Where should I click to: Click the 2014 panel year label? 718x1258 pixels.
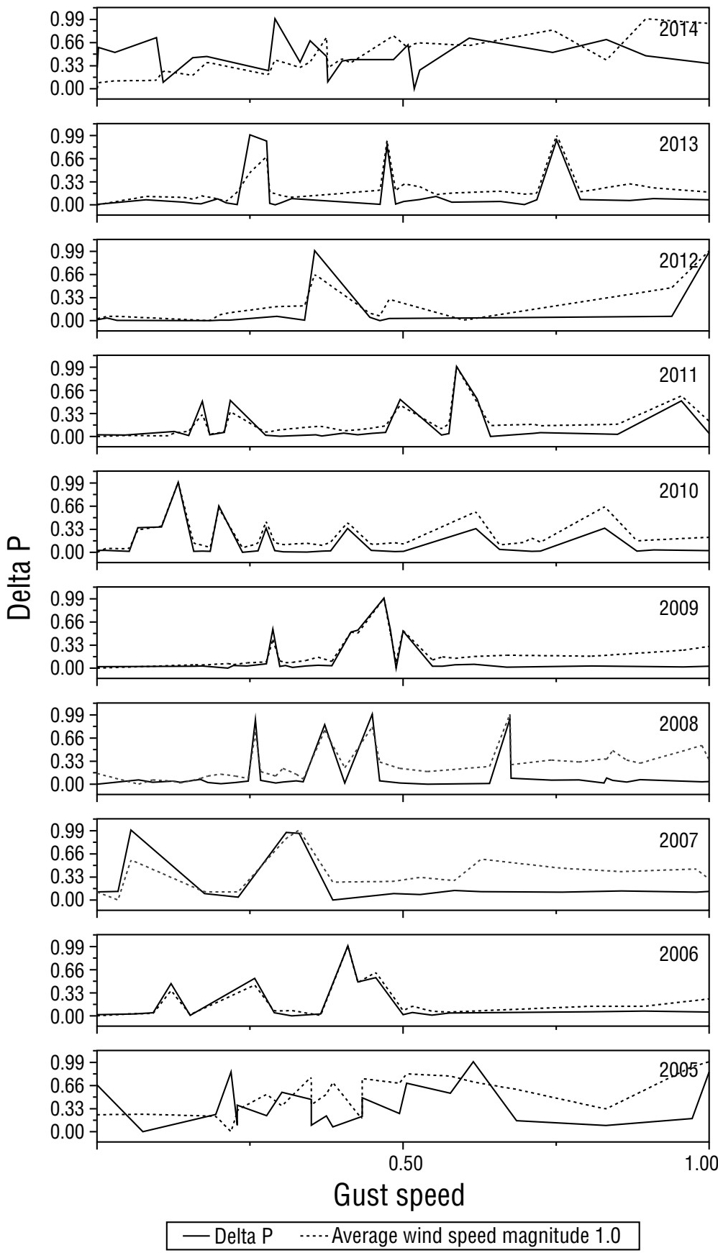click(x=678, y=29)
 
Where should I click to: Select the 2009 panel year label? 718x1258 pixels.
click(x=678, y=609)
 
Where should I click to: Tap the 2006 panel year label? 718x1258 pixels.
click(x=678, y=955)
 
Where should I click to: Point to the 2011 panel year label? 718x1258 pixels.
click(x=678, y=375)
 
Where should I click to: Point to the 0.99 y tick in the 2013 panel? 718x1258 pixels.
click(x=67, y=136)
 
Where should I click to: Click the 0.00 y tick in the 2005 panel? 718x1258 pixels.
click(x=67, y=1132)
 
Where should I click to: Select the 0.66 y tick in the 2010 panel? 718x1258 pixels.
click(x=67, y=506)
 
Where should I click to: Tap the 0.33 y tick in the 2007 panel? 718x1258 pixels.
click(x=67, y=877)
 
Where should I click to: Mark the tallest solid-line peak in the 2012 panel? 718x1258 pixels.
click(x=314, y=250)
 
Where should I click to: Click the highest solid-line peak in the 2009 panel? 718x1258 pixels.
click(x=384, y=598)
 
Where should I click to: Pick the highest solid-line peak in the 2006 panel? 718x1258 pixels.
click(x=347, y=945)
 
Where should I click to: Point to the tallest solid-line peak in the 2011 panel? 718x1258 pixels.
click(x=456, y=366)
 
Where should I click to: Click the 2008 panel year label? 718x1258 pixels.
click(x=678, y=724)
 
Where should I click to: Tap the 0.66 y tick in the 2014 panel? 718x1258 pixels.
click(x=67, y=42)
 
